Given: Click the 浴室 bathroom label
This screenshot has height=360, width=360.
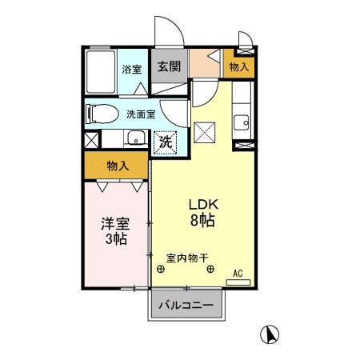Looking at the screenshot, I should (132, 70).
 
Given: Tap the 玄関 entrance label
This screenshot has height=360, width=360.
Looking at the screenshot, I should (167, 66).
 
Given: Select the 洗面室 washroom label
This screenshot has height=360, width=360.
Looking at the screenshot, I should (142, 114).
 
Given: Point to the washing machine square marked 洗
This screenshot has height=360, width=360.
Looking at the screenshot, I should (165, 143).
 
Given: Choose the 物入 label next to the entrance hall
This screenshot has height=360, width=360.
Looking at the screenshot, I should (239, 68).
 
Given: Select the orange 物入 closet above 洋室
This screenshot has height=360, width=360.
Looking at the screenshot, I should (118, 166).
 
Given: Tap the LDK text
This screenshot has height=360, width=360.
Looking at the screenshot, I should (202, 203).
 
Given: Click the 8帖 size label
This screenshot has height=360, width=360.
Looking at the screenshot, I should (202, 221).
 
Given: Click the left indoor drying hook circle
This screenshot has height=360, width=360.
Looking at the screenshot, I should (162, 270).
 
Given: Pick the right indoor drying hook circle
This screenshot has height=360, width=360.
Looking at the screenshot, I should (210, 270).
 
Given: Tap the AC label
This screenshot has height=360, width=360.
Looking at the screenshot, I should (238, 273).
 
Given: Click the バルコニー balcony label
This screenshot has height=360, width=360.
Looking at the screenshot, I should (185, 306).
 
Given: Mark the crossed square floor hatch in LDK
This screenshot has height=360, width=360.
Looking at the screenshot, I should (206, 131).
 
